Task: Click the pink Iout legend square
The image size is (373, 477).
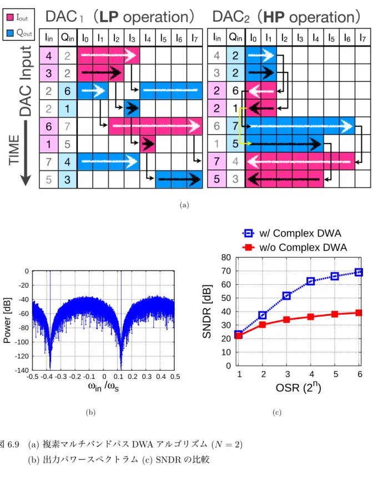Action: [x=10, y=17]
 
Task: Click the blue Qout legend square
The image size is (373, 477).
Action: [x=10, y=32]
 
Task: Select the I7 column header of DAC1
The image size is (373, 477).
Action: [x=194, y=38]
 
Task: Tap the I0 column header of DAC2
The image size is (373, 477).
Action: [x=253, y=38]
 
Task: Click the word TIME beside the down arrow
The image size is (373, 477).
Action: [x=14, y=150]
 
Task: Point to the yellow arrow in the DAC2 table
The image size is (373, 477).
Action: [x=241, y=125]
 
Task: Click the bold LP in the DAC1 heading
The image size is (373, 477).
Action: [x=109, y=17]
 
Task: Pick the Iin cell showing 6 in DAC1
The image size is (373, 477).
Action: [x=49, y=126]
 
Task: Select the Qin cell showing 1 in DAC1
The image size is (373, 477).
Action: [x=67, y=108]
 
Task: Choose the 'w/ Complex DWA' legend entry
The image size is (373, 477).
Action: [x=291, y=233]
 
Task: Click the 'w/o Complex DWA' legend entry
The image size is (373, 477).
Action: [x=295, y=247]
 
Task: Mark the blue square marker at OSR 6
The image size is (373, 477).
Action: [x=359, y=272]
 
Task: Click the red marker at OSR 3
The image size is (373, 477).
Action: [x=286, y=320]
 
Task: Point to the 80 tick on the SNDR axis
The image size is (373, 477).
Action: [x=226, y=258]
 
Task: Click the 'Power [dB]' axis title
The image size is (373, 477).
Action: [x=7, y=320]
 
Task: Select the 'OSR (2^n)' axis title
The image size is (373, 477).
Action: [x=298, y=387]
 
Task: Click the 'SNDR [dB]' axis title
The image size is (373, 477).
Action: [x=206, y=311]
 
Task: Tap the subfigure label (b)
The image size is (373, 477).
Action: [x=90, y=412]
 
